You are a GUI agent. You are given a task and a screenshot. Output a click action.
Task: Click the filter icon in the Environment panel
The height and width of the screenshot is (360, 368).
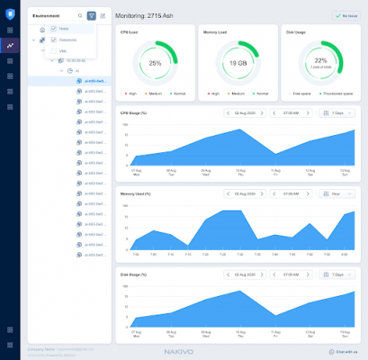[91, 16]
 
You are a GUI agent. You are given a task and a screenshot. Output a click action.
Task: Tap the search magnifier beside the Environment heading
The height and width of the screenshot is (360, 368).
[79, 16]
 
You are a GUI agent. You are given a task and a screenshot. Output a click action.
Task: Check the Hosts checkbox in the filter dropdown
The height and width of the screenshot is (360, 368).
[53, 29]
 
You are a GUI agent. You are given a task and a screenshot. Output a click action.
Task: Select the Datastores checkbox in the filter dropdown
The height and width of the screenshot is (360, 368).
[53, 40]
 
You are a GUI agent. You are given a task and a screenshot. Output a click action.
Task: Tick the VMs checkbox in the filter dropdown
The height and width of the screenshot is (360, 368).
[53, 51]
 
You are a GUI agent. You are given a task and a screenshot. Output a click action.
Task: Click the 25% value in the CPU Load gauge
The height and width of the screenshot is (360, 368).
[155, 63]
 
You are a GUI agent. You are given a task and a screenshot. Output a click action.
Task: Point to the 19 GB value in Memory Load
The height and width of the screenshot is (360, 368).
[238, 63]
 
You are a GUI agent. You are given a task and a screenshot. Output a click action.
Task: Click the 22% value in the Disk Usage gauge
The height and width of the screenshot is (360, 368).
[319, 61]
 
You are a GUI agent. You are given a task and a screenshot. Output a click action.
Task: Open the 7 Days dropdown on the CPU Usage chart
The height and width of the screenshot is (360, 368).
[338, 112]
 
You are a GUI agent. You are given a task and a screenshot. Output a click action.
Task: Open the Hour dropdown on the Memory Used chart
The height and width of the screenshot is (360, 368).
[338, 193]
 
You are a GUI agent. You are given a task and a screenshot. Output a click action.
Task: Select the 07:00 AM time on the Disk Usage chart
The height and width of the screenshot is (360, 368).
[292, 274]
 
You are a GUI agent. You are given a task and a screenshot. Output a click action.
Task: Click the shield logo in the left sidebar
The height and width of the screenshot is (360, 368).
[10, 14]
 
